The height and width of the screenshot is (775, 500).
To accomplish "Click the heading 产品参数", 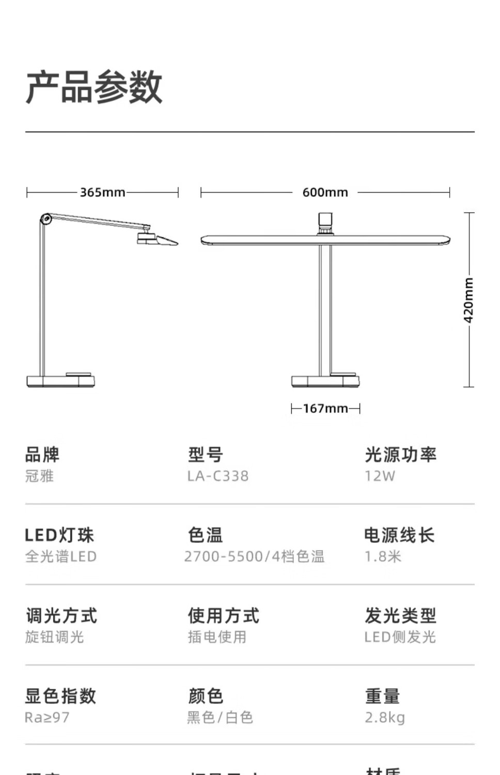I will (94, 87).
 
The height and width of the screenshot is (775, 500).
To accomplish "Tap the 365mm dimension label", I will (102, 192).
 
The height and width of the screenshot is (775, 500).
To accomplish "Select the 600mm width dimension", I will (325, 192).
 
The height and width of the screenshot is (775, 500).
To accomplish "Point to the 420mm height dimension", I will (468, 300).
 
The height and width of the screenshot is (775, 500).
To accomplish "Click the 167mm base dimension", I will (325, 408).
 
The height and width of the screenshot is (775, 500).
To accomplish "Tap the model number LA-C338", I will (217, 476).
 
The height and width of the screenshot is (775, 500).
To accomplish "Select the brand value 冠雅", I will (39, 476).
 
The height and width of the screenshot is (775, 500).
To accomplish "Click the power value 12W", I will (380, 476).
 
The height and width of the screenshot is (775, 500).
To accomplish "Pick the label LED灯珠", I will (59, 535).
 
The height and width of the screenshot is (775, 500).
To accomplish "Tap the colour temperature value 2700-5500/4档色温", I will (254, 556).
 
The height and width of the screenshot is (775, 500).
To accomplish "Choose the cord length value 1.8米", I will (383, 556).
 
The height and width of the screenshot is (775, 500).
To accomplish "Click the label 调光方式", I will (61, 615).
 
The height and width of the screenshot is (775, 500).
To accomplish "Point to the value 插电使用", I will (217, 637).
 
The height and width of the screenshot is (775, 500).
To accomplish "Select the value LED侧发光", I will (400, 637).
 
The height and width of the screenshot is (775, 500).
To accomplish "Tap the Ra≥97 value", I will (47, 717).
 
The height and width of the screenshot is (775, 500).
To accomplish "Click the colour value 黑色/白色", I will (220, 717).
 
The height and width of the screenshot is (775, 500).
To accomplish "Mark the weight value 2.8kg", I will (385, 717).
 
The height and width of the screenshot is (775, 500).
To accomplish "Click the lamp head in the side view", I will (157, 239).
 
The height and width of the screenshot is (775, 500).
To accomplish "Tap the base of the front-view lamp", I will (325, 381).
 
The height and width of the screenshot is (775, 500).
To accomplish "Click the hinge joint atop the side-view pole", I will (45, 219).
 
